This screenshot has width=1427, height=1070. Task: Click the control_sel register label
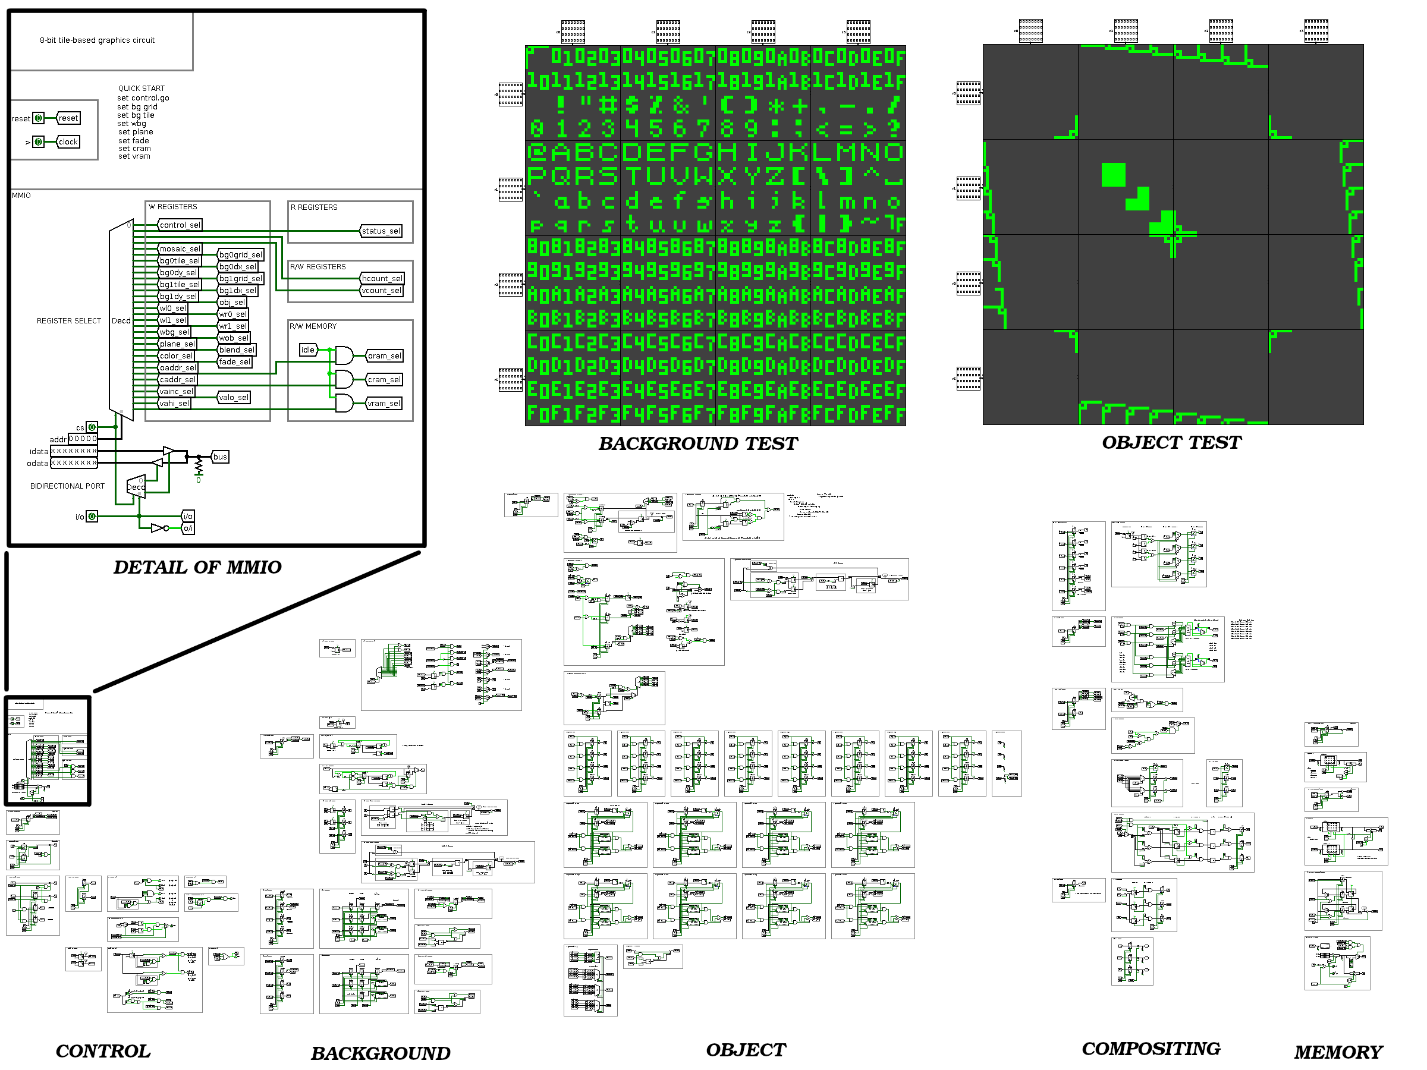(x=180, y=225)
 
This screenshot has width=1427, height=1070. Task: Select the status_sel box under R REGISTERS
(x=381, y=231)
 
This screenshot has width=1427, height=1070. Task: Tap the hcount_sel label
(x=382, y=279)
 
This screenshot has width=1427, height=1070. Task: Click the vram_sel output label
(x=384, y=404)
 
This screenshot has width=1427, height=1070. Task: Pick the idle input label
(x=308, y=350)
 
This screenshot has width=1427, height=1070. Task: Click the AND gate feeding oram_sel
(x=344, y=355)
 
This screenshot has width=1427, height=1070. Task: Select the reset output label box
(x=68, y=118)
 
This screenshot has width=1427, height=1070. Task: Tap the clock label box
(x=68, y=142)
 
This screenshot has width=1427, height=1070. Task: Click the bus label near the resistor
(x=220, y=457)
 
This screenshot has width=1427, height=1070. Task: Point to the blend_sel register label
(x=237, y=350)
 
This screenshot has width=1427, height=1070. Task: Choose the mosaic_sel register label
(x=180, y=249)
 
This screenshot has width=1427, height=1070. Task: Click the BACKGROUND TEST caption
(x=697, y=443)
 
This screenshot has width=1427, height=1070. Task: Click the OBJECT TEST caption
(x=1171, y=442)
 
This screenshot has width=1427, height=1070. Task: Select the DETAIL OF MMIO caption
(x=197, y=567)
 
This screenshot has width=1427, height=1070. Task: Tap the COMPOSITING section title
(x=1151, y=1049)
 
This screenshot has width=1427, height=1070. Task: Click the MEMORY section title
(x=1338, y=1052)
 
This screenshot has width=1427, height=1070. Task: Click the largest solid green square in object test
(x=1114, y=175)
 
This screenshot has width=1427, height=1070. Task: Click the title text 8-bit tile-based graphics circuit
(x=98, y=40)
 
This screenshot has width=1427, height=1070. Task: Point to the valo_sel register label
(x=234, y=397)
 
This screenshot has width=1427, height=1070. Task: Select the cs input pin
(x=92, y=427)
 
